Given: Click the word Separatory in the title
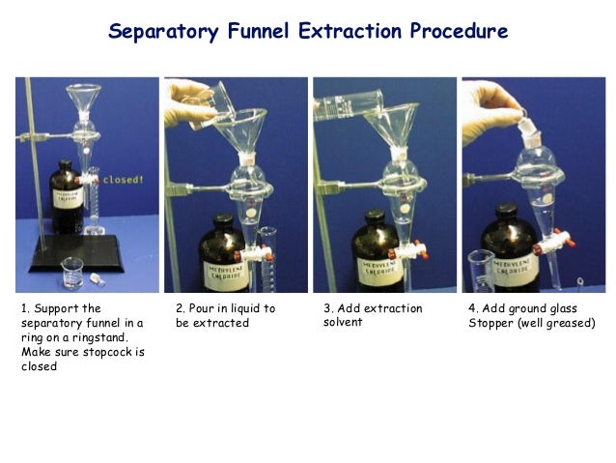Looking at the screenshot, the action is [163, 32].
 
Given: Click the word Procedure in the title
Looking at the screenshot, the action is [459, 31].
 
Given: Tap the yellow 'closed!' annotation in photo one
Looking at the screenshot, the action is [123, 180].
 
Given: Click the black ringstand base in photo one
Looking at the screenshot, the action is [76, 253].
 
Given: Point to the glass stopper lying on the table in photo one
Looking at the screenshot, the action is [98, 279].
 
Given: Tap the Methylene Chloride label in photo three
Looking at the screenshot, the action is [379, 269].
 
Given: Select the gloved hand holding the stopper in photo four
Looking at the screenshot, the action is [490, 111].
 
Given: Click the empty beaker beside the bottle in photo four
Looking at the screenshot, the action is [481, 271].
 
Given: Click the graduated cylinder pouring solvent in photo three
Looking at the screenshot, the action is [348, 104].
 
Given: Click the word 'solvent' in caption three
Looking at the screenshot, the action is [343, 322].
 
